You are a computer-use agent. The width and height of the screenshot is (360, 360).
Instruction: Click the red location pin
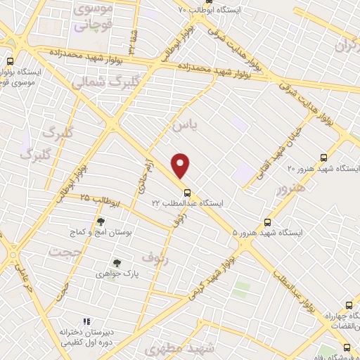coord(181,166)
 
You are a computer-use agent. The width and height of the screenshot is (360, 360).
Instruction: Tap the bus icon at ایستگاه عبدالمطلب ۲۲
coord(186,192)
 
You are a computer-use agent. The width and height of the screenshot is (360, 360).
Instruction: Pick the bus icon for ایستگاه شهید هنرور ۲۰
coord(323,157)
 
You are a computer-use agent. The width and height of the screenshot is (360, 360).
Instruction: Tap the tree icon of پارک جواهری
coord(108,262)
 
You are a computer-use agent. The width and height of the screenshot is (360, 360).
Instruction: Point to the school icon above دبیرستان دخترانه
coord(87,323)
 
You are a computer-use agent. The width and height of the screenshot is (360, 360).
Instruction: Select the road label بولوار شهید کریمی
coord(210,274)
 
